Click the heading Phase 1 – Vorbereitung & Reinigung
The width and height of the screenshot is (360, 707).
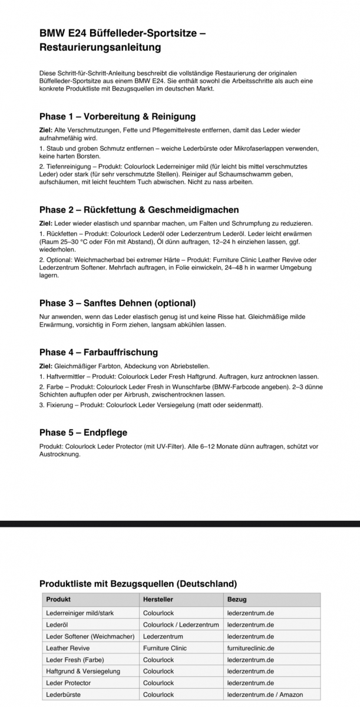pos(117,116)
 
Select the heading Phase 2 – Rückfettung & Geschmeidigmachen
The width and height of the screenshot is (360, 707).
pos(139,210)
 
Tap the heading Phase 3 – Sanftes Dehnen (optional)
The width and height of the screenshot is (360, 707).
pos(117,303)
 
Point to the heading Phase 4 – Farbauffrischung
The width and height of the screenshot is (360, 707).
pos(98,352)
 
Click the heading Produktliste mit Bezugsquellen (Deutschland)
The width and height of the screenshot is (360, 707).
pos(138,584)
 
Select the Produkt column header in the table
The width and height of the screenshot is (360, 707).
pos(58,600)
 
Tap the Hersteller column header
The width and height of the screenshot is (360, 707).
pos(158,600)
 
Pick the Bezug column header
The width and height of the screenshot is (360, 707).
pos(237,600)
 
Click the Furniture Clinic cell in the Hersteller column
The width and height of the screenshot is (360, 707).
pos(165,648)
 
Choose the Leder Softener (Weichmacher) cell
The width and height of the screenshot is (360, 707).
pos(90,636)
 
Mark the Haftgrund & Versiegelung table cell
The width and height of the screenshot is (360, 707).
pos(83,671)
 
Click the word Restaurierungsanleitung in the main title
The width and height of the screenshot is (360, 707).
pos(100,47)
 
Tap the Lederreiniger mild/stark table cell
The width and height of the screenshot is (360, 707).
pos(80,613)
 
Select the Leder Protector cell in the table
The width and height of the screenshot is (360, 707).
pos(68,683)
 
